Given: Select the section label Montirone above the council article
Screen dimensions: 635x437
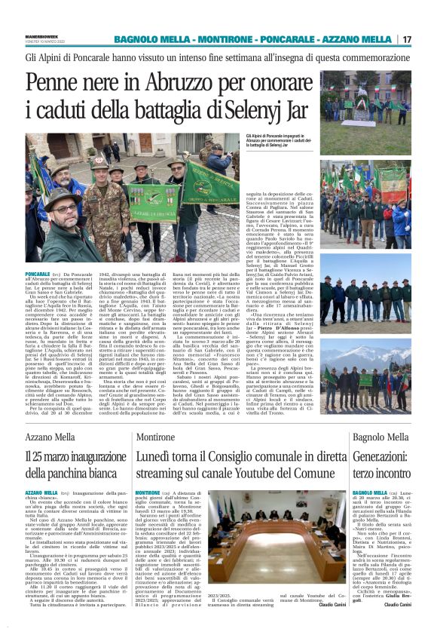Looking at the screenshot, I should click(x=156, y=438).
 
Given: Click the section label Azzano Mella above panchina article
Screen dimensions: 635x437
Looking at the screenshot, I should click(x=51, y=438).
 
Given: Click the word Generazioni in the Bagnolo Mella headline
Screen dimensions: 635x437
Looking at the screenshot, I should click(x=380, y=458).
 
